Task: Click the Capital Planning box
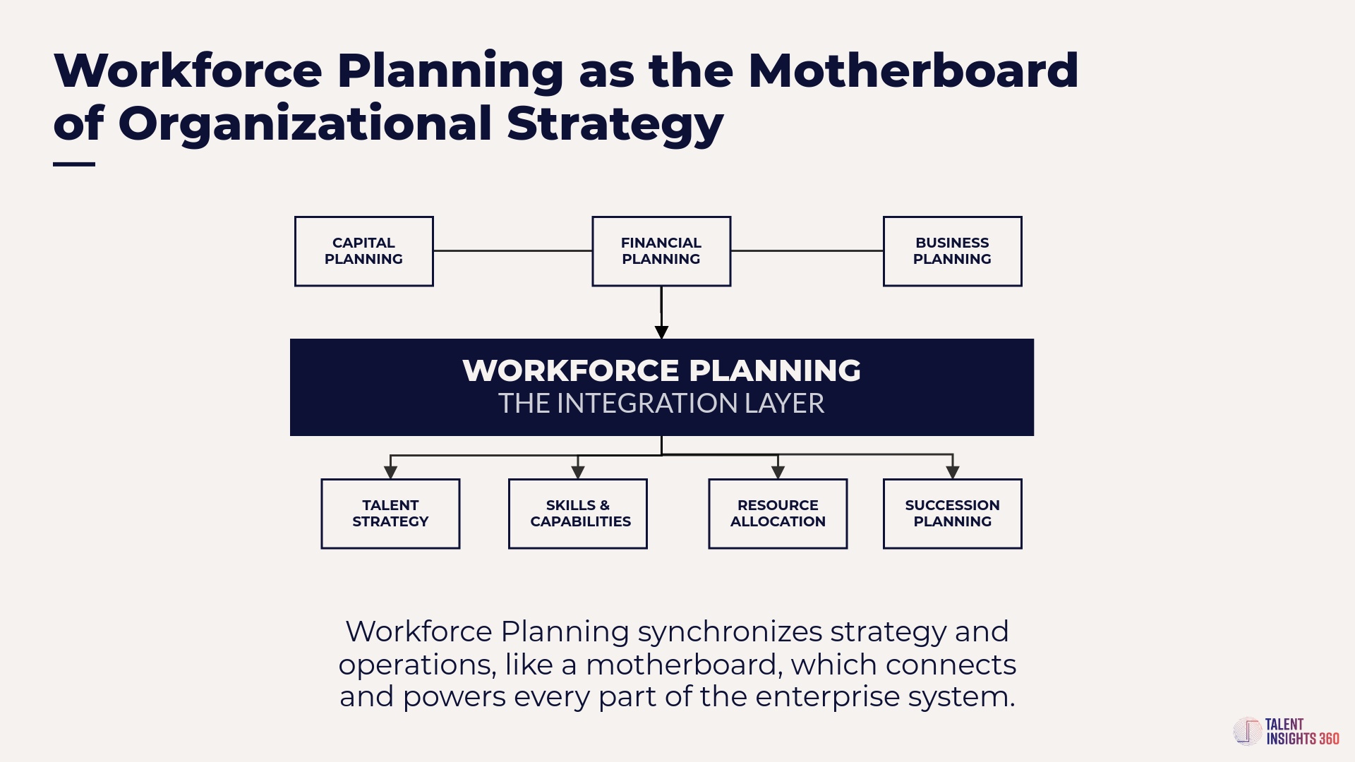pos(363,251)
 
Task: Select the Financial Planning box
pos(661,251)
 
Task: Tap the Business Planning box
pos(952,251)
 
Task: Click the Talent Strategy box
pos(390,514)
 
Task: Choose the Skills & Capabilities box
pos(578,514)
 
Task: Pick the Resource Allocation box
pos(778,514)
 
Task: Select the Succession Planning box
pos(952,514)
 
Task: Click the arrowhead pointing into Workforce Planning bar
pos(661,332)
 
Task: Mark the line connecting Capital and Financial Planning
pos(513,250)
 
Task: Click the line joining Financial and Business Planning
pos(807,250)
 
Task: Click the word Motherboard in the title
pos(913,71)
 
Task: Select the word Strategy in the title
pos(615,124)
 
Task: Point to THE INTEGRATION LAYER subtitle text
pos(661,404)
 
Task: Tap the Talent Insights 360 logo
pos(1286,732)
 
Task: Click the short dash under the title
pos(74,164)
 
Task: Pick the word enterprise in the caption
pos(827,698)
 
